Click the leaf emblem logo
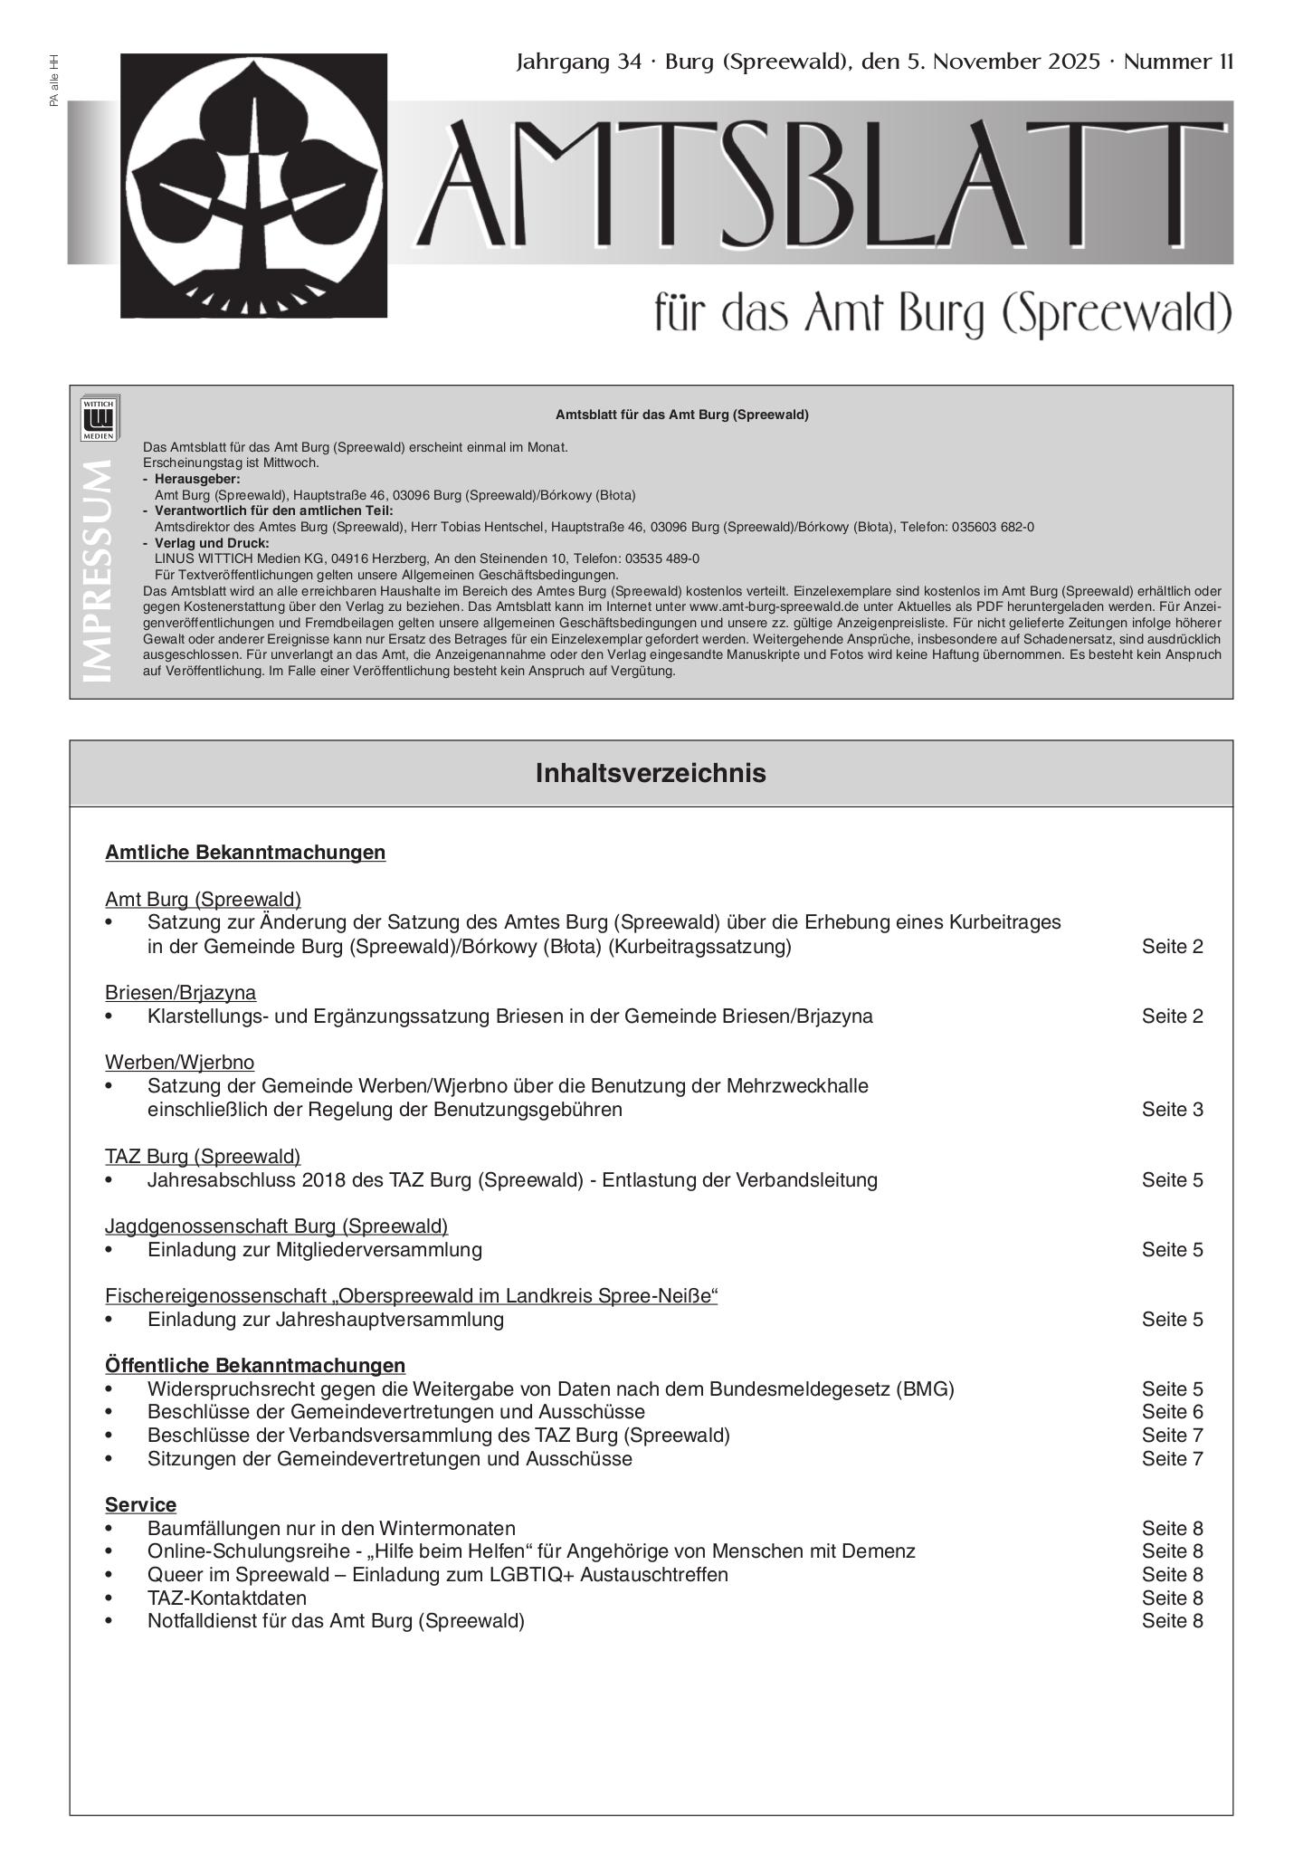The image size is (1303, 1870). [x=253, y=186]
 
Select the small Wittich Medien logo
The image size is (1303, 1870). [x=100, y=418]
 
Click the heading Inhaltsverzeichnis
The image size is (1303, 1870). [x=651, y=773]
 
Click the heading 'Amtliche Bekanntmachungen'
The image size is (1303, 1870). [x=245, y=852]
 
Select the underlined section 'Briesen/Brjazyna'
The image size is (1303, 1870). [x=180, y=992]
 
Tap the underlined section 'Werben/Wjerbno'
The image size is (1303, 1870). [x=179, y=1062]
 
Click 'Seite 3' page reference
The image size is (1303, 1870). [x=1172, y=1109]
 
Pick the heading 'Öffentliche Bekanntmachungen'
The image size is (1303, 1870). [x=255, y=1365]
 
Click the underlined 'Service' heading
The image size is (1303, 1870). [x=140, y=1504]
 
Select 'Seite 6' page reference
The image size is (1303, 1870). [x=1172, y=1411]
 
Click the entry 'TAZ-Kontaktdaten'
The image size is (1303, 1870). [x=227, y=1598]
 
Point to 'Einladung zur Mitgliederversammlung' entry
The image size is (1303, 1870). [x=315, y=1249]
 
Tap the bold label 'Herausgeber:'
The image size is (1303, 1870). [x=197, y=479]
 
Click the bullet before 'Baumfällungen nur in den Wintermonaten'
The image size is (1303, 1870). [x=109, y=1529]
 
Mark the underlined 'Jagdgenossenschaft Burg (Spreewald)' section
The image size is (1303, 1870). [x=276, y=1226]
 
